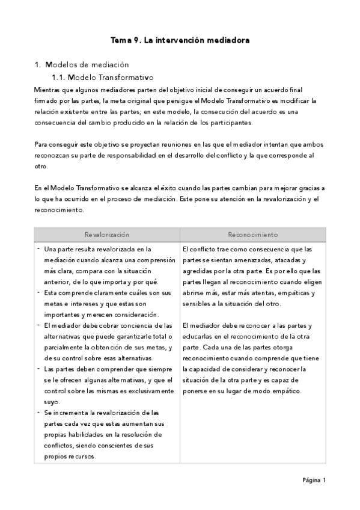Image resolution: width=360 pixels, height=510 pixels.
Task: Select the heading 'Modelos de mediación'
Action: tap(87, 64)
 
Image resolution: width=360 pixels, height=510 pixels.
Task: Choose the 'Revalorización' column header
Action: tap(107, 234)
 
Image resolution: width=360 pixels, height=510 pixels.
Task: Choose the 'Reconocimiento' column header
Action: tap(252, 234)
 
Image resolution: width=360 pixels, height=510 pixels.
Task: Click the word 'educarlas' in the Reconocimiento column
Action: tap(198, 337)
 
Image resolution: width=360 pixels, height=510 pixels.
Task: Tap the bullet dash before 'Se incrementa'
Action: tap(39, 412)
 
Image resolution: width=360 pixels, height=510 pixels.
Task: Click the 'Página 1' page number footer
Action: tap(314, 480)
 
